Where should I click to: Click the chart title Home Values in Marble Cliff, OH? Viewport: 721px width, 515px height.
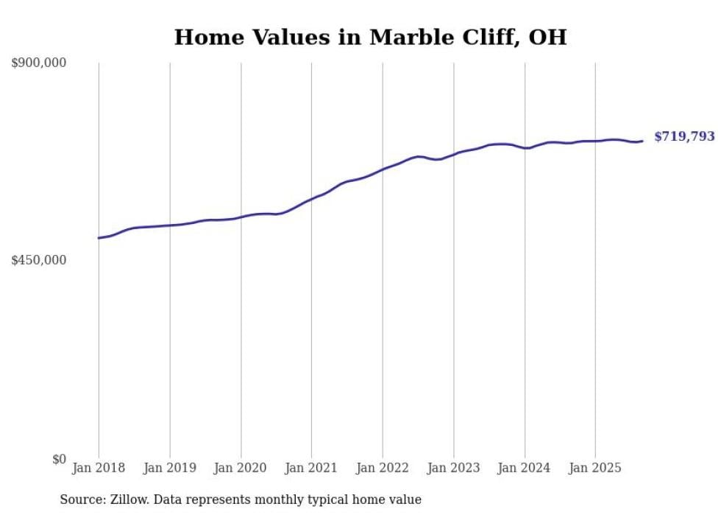pyautogui.click(x=370, y=37)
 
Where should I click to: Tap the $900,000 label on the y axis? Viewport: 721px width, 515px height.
pyautogui.click(x=38, y=63)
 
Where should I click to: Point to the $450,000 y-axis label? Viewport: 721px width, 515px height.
pyautogui.click(x=38, y=260)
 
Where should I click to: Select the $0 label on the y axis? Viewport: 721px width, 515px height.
pyautogui.click(x=59, y=459)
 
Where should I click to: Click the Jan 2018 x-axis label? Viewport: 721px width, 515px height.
pyautogui.click(x=99, y=468)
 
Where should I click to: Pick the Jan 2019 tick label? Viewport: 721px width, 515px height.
pyautogui.click(x=170, y=468)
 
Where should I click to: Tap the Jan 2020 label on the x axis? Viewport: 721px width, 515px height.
pyautogui.click(x=241, y=468)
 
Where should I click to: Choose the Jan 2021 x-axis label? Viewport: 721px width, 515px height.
pyautogui.click(x=311, y=468)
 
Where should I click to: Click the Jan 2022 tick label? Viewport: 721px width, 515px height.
pyautogui.click(x=383, y=468)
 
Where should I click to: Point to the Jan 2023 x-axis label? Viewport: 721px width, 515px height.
pyautogui.click(x=453, y=468)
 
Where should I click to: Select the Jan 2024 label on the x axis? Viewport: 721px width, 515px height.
pyautogui.click(x=525, y=468)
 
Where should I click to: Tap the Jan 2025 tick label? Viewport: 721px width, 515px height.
pyautogui.click(x=595, y=468)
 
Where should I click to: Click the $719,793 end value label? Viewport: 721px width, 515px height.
pyautogui.click(x=684, y=136)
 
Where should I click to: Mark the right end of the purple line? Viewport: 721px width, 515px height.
pyautogui.click(x=642, y=141)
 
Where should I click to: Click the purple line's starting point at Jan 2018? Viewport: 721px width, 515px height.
pyautogui.click(x=99, y=238)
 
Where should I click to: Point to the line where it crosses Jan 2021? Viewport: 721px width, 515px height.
pyautogui.click(x=311, y=199)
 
